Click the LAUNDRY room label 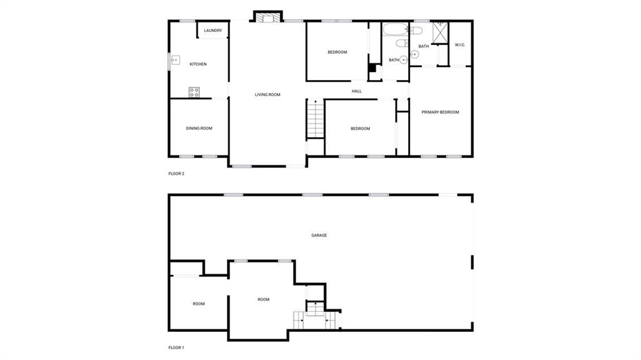coord(213,31)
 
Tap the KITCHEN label coord(198,64)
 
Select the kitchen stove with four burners coord(194,92)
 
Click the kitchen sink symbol coord(175,60)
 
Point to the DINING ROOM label coord(199,128)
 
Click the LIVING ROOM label coord(268,95)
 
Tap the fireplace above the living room coord(268,17)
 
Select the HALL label coord(357,91)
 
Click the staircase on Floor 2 coord(315,119)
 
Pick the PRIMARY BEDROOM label coord(440,112)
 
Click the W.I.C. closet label coord(460,45)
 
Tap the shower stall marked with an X coord(440,33)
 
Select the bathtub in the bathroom coord(395,30)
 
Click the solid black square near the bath coord(372,68)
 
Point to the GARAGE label coord(319,235)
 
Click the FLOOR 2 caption coord(176,174)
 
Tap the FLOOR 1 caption coord(176,347)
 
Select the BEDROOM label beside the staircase coord(360,129)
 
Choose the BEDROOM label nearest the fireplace coord(337,53)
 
